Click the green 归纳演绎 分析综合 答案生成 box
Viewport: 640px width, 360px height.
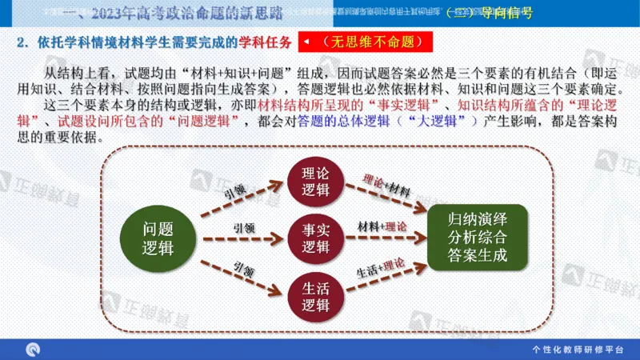point(478,237)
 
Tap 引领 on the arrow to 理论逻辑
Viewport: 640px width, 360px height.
point(234,192)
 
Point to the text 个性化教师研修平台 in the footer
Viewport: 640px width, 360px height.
point(577,350)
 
